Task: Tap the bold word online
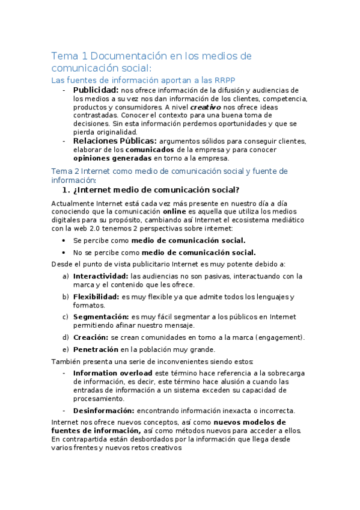point(174,212)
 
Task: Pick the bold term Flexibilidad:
point(96,297)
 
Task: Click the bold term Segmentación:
point(100,316)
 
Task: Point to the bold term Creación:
point(91,337)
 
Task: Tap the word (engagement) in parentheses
point(279,337)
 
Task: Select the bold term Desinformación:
point(103,411)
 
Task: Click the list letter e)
point(65,349)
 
